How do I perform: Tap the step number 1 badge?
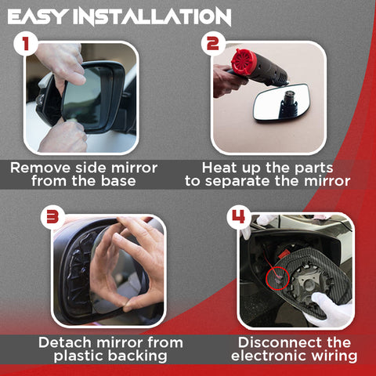coord(26,44)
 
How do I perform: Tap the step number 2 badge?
coord(212,44)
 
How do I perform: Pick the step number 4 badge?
coord(240,215)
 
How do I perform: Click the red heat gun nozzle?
coord(243,62)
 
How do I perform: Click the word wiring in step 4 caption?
coord(332,356)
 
